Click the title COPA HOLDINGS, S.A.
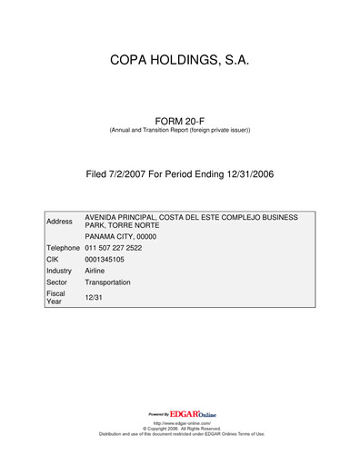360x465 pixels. point(179,61)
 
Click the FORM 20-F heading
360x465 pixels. point(179,119)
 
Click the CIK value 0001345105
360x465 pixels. point(106,259)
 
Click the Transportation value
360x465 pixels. point(107,282)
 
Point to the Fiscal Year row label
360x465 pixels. point(56,298)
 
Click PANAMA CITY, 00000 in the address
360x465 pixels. point(121,236)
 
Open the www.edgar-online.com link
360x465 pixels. point(180,423)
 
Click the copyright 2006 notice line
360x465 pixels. point(180,429)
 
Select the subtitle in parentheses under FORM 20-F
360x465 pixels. point(179,131)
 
